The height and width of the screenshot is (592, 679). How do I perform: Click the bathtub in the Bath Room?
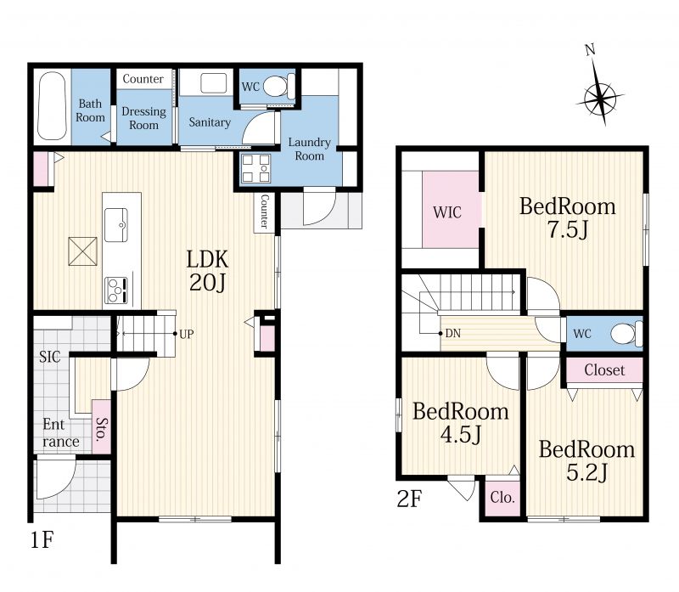(52, 106)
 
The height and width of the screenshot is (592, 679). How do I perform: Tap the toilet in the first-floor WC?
(279, 86)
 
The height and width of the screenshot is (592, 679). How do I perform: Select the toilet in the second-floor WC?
(626, 334)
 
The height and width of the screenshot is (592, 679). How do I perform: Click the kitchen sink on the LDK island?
(116, 224)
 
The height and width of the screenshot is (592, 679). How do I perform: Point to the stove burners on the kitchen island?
(116, 290)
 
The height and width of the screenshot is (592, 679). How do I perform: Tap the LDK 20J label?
(207, 270)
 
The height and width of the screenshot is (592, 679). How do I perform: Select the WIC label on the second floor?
(447, 212)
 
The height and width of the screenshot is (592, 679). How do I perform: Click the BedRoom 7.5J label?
(567, 217)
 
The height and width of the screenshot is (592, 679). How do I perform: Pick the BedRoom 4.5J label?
(460, 422)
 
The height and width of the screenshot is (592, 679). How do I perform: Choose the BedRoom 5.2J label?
(586, 460)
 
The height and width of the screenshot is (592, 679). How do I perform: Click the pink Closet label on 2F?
(604, 370)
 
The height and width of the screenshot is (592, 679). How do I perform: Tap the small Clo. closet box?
(502, 497)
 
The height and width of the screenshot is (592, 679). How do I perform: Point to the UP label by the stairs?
(186, 334)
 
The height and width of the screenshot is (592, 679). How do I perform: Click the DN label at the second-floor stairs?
(452, 333)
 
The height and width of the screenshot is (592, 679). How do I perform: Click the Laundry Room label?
(309, 149)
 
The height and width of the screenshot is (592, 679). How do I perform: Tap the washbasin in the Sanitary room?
(214, 82)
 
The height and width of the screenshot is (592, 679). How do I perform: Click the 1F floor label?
(42, 539)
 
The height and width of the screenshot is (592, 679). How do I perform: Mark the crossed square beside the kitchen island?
(82, 251)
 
